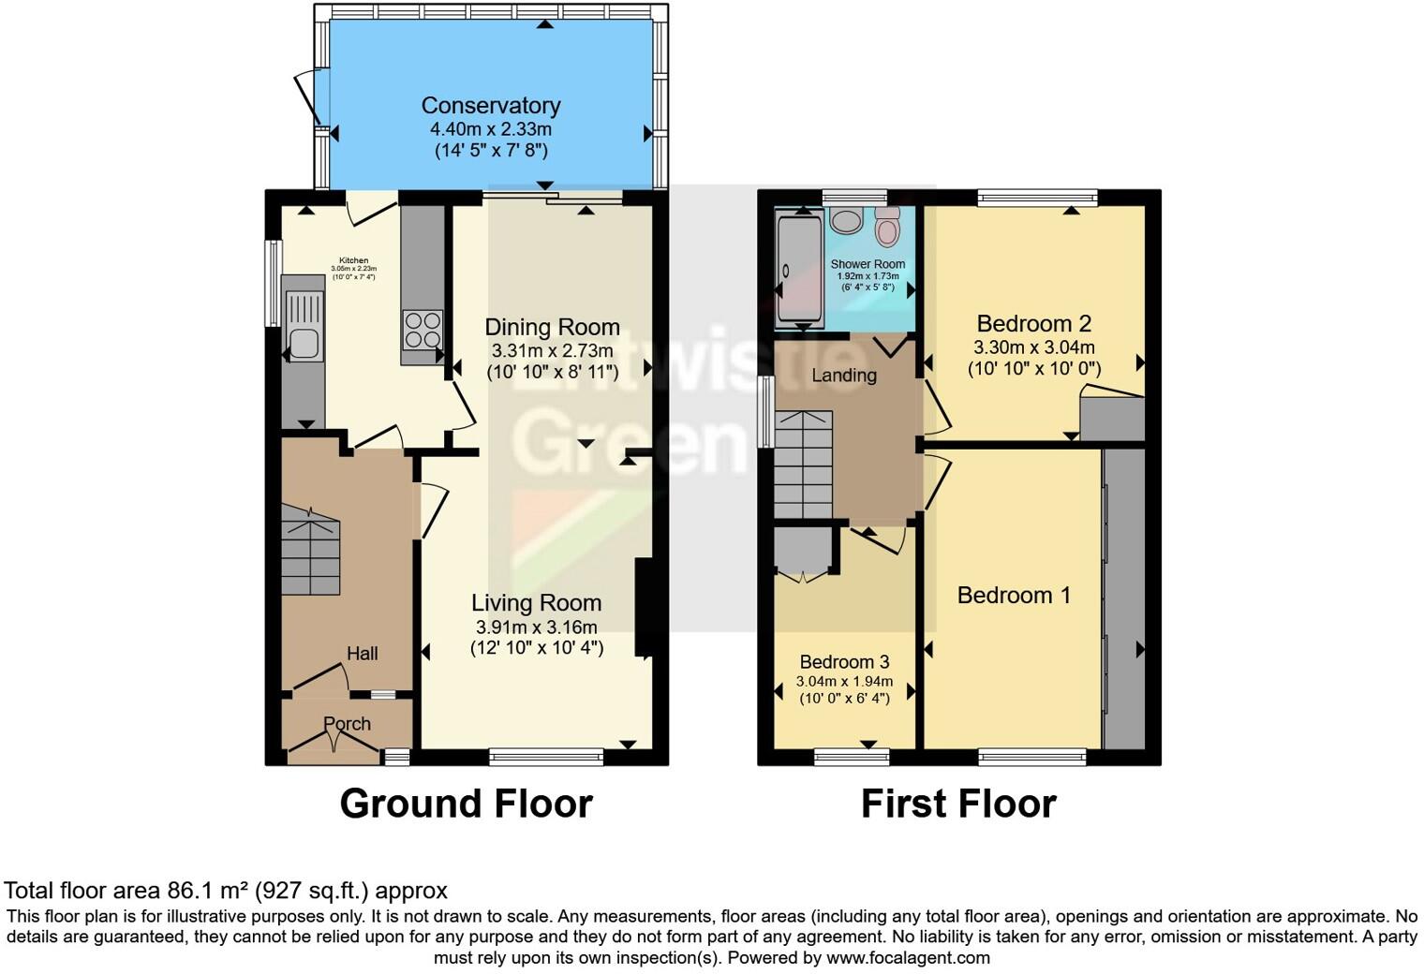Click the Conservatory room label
coord(491,106)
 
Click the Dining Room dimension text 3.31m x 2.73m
coord(552,351)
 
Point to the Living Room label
coord(536,603)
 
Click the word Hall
coord(363,654)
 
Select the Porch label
coord(347,724)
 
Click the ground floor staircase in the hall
coord(310,552)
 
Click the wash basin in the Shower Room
coord(847,221)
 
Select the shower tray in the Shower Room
coord(798,270)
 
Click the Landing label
coord(844,376)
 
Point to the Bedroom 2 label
coord(1034,324)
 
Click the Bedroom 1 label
coord(1014,596)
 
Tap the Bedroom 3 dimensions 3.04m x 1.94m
coord(844,682)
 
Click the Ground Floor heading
coord(466,804)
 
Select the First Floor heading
coord(958,804)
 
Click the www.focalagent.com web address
coord(907,958)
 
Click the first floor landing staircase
coord(803,465)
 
